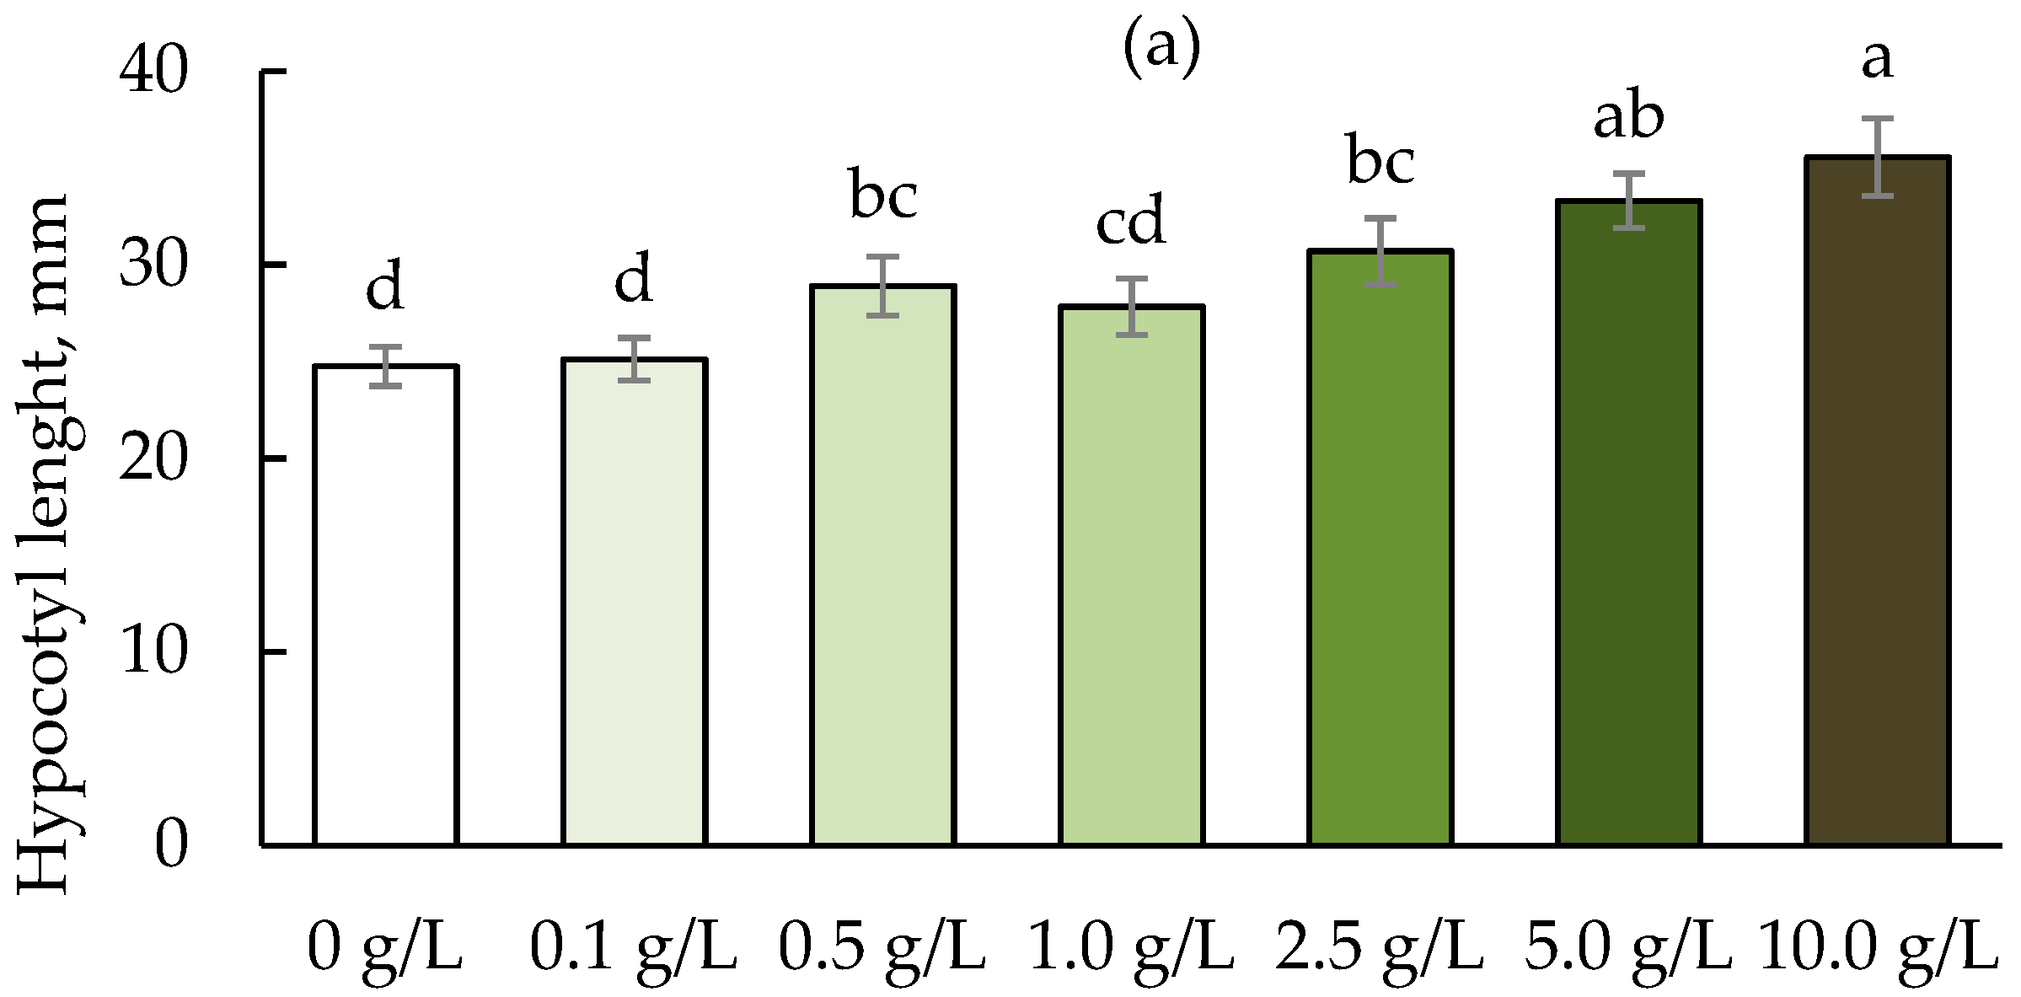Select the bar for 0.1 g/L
click(x=634, y=602)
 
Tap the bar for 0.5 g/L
click(x=882, y=565)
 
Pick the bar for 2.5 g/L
click(x=1380, y=548)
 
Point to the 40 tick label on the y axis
click(x=153, y=71)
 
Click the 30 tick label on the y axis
click(x=153, y=265)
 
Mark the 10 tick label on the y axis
click(x=153, y=651)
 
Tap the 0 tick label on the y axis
click(x=170, y=844)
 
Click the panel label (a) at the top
click(x=1161, y=48)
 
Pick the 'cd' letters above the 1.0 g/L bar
click(x=1130, y=221)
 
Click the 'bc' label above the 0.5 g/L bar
click(x=882, y=196)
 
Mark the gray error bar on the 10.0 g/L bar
click(x=1877, y=158)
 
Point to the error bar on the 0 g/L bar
click(x=385, y=367)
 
